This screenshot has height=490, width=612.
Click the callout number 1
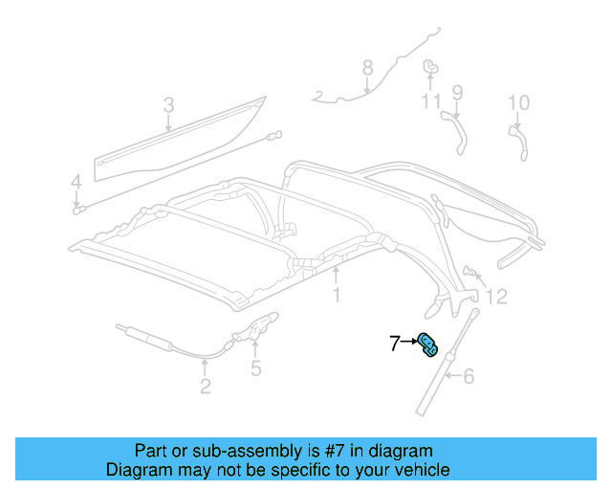[x=337, y=296]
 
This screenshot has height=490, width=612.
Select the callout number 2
[x=206, y=387]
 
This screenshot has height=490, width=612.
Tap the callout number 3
[x=167, y=104]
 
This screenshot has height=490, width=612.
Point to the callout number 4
[x=76, y=181]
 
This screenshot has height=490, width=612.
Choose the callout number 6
[x=469, y=377]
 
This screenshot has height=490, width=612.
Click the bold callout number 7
[x=395, y=342]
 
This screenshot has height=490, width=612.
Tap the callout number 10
[x=517, y=102]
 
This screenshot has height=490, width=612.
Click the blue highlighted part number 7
[x=427, y=345]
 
